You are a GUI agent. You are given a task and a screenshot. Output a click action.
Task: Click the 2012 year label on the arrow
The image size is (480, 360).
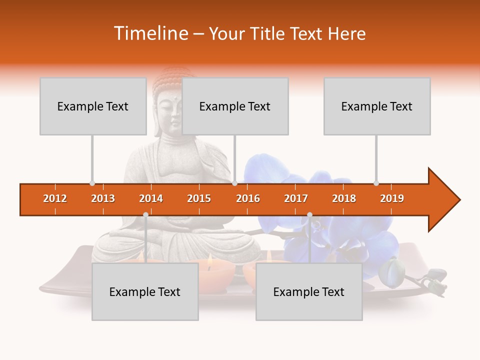55,198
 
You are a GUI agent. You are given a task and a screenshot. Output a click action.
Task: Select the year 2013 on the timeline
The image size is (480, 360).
103,198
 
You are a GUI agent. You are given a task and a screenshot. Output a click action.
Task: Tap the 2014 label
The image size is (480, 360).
151,198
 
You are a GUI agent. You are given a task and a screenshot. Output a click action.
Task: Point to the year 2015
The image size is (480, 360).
199,198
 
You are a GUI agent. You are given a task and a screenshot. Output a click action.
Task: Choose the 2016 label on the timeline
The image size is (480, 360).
248,198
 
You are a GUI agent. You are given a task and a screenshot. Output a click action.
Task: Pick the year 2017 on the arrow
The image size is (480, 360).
296,198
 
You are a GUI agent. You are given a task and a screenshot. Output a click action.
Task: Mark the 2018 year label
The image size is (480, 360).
344,198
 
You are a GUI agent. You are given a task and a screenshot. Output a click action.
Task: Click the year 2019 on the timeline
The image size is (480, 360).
392,198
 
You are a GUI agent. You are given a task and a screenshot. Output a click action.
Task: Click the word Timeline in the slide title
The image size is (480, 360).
150,33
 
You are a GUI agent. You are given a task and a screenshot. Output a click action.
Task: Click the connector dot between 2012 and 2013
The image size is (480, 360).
92,183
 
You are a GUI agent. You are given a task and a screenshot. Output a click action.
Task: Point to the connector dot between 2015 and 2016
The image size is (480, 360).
234,183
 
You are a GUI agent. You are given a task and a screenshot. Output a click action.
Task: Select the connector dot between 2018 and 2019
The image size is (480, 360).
376,183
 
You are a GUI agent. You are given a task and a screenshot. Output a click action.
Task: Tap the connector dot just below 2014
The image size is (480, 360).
145,214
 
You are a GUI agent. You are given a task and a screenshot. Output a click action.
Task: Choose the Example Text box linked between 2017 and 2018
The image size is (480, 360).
309,291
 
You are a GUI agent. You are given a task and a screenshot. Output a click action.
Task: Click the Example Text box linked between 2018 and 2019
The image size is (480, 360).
377,106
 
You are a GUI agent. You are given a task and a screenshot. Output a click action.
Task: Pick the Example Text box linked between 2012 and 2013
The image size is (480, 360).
93,106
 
